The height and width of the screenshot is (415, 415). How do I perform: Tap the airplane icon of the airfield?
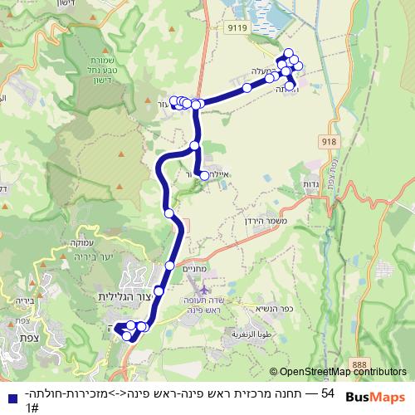205,288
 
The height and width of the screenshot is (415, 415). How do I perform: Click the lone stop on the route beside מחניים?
170,266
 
